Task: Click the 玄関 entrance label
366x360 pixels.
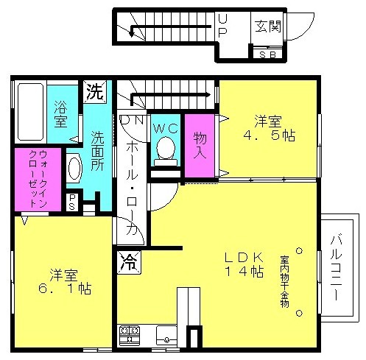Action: pyautogui.click(x=267, y=27)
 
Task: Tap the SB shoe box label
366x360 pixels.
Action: pyautogui.click(x=267, y=54)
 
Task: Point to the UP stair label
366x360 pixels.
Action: pyautogui.click(x=222, y=25)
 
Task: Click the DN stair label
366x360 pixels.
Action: pyautogui.click(x=132, y=120)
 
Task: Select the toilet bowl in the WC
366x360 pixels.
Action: pyautogui.click(x=166, y=151)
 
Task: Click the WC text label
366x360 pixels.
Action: pyautogui.click(x=166, y=128)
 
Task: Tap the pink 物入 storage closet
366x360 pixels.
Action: pyautogui.click(x=200, y=145)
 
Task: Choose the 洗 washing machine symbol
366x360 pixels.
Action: pyautogui.click(x=95, y=92)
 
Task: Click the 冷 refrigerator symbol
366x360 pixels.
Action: pyautogui.click(x=129, y=262)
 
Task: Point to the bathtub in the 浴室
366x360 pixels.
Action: pyautogui.click(x=30, y=112)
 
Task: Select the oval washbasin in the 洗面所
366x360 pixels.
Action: pyautogui.click(x=74, y=169)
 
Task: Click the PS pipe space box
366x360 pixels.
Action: pyautogui.click(x=72, y=202)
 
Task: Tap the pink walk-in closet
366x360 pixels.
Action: pyautogui.click(x=38, y=179)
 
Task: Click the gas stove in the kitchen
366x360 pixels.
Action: pyautogui.click(x=129, y=336)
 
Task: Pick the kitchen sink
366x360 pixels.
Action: pyautogui.click(x=166, y=336)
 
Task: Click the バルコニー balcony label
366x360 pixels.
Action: pyautogui.click(x=336, y=267)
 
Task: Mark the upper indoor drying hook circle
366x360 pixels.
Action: pyautogui.click(x=299, y=251)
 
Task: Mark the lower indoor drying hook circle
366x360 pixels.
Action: pyautogui.click(x=299, y=313)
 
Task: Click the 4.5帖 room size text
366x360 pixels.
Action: pyautogui.click(x=269, y=135)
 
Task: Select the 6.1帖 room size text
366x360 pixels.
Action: pyautogui.click(x=65, y=289)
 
